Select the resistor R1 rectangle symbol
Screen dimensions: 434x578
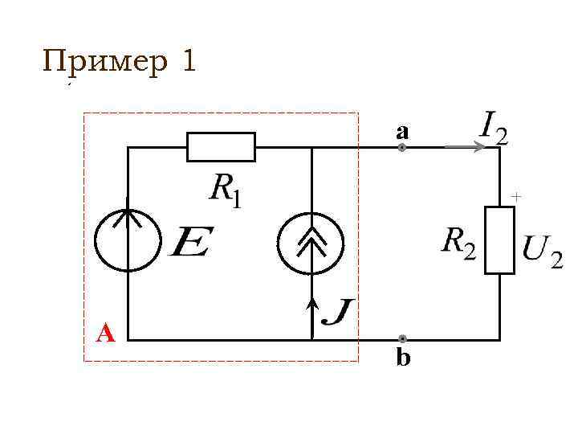click(221, 147)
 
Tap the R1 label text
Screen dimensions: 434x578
click(225, 190)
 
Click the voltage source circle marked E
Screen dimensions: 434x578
click(128, 239)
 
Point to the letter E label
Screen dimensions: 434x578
click(191, 241)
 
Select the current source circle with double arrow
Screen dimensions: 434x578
click(311, 243)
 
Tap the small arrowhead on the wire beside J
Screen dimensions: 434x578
click(311, 303)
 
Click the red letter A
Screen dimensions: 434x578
click(105, 332)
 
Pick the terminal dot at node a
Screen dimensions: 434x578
click(402, 148)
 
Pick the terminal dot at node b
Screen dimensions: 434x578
click(402, 339)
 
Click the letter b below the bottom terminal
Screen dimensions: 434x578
click(403, 358)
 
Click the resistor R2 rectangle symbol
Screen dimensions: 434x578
click(499, 240)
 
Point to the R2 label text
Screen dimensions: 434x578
click(458, 242)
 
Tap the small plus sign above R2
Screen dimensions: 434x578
click(516, 195)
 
